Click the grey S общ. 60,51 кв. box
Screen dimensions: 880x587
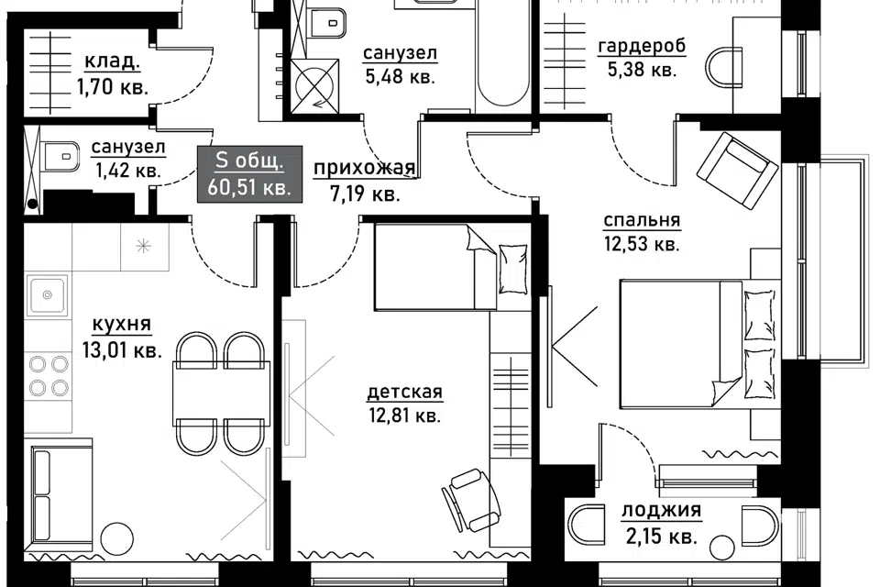coord(249,173)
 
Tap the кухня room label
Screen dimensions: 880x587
coord(121,325)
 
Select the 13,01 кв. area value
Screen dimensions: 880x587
coord(122,350)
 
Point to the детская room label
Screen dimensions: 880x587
coord(404,392)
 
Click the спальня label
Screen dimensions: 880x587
coord(642,220)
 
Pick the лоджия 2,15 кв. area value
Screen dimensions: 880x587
coord(662,537)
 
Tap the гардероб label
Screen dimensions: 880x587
coord(642,46)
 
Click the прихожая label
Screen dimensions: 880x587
coord(364,168)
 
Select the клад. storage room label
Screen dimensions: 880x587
coord(112,61)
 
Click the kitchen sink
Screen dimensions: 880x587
coord(48,293)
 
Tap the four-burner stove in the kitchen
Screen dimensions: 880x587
coord(49,375)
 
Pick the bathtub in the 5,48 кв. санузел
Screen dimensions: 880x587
coord(503,56)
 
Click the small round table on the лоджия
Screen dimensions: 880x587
coord(721,548)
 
